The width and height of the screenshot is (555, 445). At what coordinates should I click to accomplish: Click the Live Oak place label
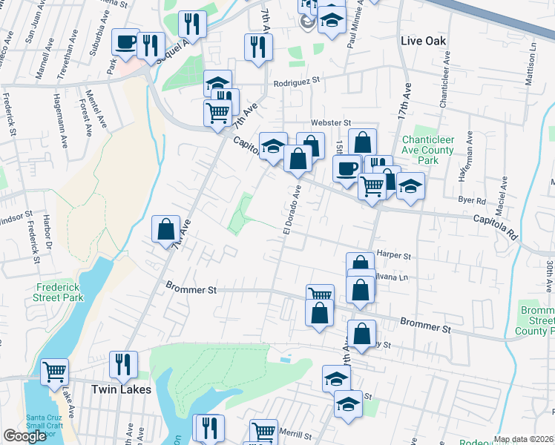pyautogui.click(x=424, y=40)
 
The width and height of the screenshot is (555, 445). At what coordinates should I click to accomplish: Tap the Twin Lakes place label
pyautogui.click(x=121, y=389)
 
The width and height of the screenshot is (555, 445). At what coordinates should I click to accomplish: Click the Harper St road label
pyautogui.click(x=394, y=255)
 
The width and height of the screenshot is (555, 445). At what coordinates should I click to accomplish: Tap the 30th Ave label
pyautogui.click(x=550, y=274)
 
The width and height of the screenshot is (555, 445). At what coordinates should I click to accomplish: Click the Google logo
pyautogui.click(x=24, y=436)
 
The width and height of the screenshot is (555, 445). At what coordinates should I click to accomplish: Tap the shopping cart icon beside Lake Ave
pyautogui.click(x=54, y=371)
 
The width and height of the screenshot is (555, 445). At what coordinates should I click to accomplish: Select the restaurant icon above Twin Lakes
pyautogui.click(x=122, y=363)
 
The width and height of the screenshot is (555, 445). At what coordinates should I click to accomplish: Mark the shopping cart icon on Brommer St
pyautogui.click(x=320, y=294)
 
